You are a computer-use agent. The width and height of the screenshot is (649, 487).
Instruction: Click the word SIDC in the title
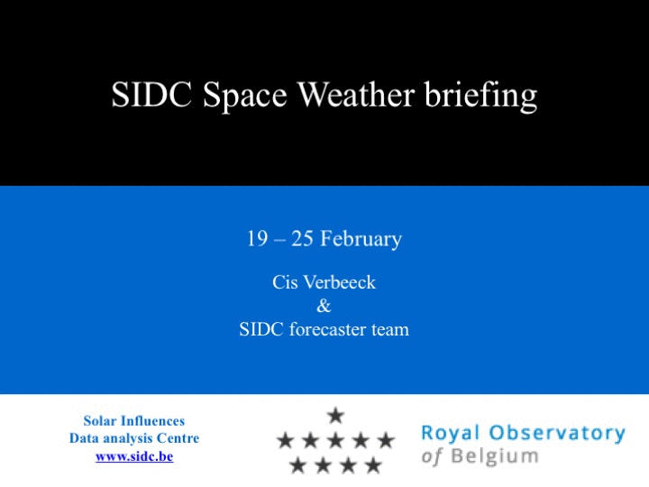(x=151, y=95)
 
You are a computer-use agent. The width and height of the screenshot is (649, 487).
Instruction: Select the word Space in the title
(x=245, y=96)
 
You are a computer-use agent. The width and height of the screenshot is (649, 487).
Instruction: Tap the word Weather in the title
(x=356, y=95)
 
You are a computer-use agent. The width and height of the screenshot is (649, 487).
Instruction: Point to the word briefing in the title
(x=481, y=96)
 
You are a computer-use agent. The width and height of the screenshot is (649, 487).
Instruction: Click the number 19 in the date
(x=257, y=238)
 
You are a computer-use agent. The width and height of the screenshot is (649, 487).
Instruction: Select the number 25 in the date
(x=302, y=238)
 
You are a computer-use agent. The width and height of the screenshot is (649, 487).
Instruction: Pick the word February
(x=361, y=239)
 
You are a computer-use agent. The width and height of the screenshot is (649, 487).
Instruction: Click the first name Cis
(x=285, y=282)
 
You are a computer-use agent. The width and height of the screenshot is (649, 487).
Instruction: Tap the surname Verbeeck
(x=340, y=282)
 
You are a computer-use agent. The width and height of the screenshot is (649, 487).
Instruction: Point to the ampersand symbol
(x=324, y=306)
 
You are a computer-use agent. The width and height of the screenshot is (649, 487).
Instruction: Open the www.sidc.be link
(x=134, y=456)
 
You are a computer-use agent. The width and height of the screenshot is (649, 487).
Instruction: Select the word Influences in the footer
(x=152, y=421)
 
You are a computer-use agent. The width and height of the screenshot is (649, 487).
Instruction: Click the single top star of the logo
(x=335, y=416)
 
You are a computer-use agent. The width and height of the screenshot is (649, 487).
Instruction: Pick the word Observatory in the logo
(x=557, y=433)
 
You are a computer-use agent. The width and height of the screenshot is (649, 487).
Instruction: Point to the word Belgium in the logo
(x=495, y=456)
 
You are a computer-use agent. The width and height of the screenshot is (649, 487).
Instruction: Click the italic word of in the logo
(x=432, y=456)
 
